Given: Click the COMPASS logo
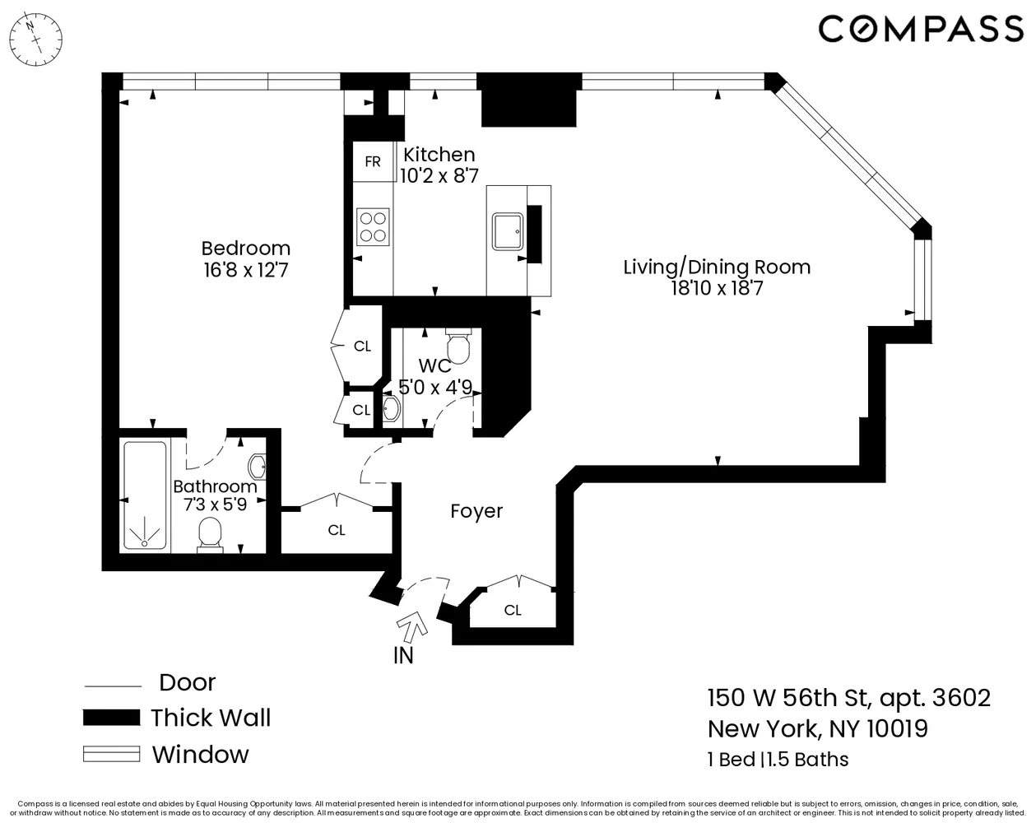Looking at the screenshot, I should [920, 29].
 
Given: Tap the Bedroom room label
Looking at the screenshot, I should [246, 248].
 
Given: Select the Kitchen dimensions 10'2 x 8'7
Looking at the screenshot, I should [439, 175].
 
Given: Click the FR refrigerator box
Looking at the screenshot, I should [373, 161].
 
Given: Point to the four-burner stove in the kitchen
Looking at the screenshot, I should [373, 226].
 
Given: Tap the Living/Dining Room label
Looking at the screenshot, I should [716, 267].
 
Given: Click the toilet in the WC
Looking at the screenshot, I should [458, 346].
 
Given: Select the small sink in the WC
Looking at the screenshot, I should [391, 408].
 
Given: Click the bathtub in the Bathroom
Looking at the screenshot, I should [145, 495].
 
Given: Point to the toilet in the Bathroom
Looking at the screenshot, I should [211, 534].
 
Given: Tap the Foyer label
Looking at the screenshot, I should [476, 511].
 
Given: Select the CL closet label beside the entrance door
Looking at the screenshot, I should [513, 610].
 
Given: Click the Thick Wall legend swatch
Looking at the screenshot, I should [111, 718].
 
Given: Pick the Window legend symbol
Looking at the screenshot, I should [111, 754].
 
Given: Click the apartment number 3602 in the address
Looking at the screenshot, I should [961, 698].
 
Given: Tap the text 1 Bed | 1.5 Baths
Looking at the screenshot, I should [778, 759].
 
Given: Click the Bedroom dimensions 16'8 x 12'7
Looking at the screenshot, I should [246, 269].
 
